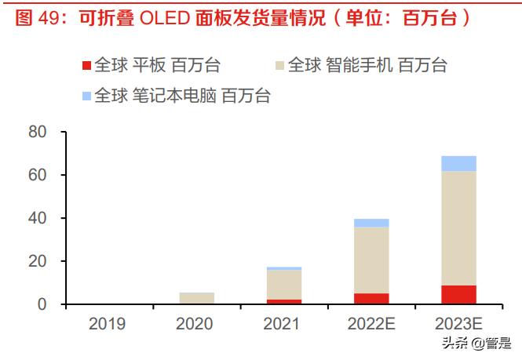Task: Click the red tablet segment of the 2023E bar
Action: coord(458,294)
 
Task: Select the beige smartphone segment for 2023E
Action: coord(458,227)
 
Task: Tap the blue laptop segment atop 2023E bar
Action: coord(458,163)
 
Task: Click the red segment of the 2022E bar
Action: coord(371,298)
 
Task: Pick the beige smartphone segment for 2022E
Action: coord(371,260)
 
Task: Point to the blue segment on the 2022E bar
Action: coord(371,223)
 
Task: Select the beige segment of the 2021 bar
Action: coord(283,284)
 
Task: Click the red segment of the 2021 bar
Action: coord(283,301)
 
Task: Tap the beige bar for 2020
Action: coord(196,298)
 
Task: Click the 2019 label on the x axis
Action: coord(109,323)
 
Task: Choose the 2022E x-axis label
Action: coord(371,323)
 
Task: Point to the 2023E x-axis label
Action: coord(458,323)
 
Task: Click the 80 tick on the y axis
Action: coord(38,131)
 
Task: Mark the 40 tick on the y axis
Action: coord(38,217)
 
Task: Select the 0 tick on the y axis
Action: coord(43,304)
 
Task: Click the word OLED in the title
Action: coord(164,18)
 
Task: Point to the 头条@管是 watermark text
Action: coord(486,343)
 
